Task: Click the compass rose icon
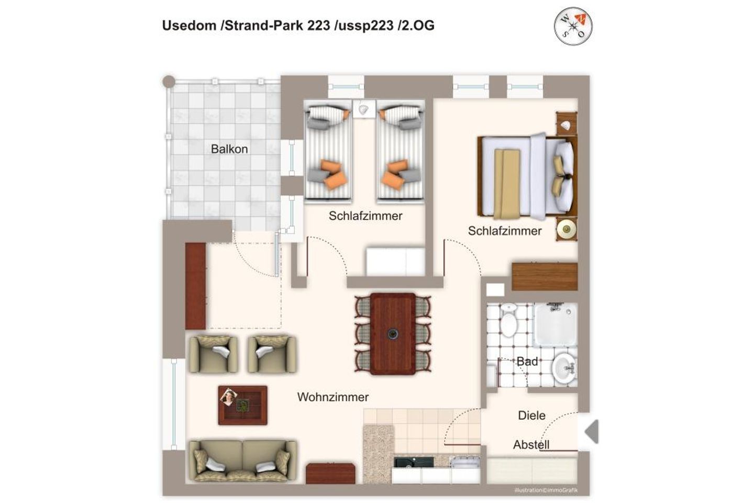[573, 26]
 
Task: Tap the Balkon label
[229, 149]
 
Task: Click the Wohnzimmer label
[332, 397]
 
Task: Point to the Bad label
[527, 362]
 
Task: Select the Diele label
[531, 415]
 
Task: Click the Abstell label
[531, 445]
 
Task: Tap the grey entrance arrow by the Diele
[592, 432]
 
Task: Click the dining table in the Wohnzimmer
[393, 334]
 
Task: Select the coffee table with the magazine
[242, 406]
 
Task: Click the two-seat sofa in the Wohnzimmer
[243, 461]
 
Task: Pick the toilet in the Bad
[508, 320]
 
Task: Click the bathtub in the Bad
[556, 325]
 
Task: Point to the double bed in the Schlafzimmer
[527, 176]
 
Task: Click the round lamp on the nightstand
[567, 229]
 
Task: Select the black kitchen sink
[413, 462]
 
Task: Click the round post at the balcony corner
[169, 82]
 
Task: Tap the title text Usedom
[189, 26]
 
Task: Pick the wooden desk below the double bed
[545, 277]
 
